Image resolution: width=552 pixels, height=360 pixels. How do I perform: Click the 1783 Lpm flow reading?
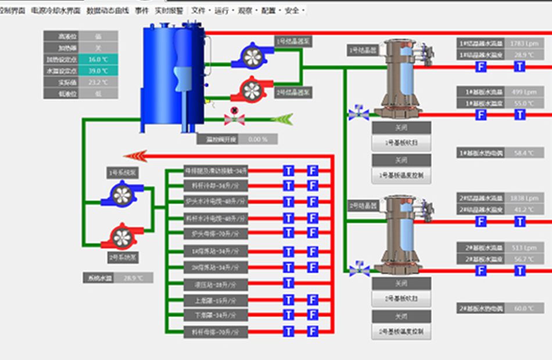tap(519, 44)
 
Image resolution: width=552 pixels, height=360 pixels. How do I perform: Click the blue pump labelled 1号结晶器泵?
tap(250, 57)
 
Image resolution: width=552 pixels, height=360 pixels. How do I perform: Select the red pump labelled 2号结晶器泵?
tap(250, 90)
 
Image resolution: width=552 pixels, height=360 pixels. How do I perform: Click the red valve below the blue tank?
tap(235, 119)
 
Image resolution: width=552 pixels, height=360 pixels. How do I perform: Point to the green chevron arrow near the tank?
tap(281, 119)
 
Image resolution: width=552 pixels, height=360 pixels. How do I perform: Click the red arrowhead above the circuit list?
tap(135, 156)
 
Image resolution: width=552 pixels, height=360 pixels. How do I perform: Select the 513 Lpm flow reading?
tap(519, 247)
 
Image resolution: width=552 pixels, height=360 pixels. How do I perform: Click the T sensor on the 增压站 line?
tap(289, 284)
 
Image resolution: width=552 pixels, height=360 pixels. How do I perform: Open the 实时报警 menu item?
tap(169, 10)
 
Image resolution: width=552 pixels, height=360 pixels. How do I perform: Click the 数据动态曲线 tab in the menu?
tap(109, 10)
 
